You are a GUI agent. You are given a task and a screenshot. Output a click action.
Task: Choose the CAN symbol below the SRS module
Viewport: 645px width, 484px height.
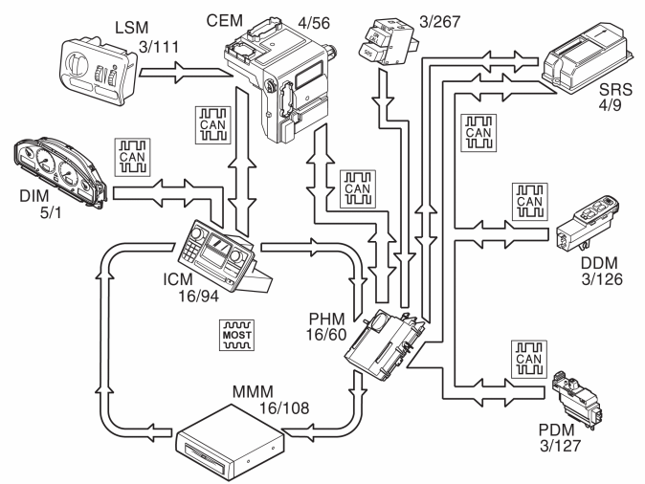[x=476, y=133]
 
